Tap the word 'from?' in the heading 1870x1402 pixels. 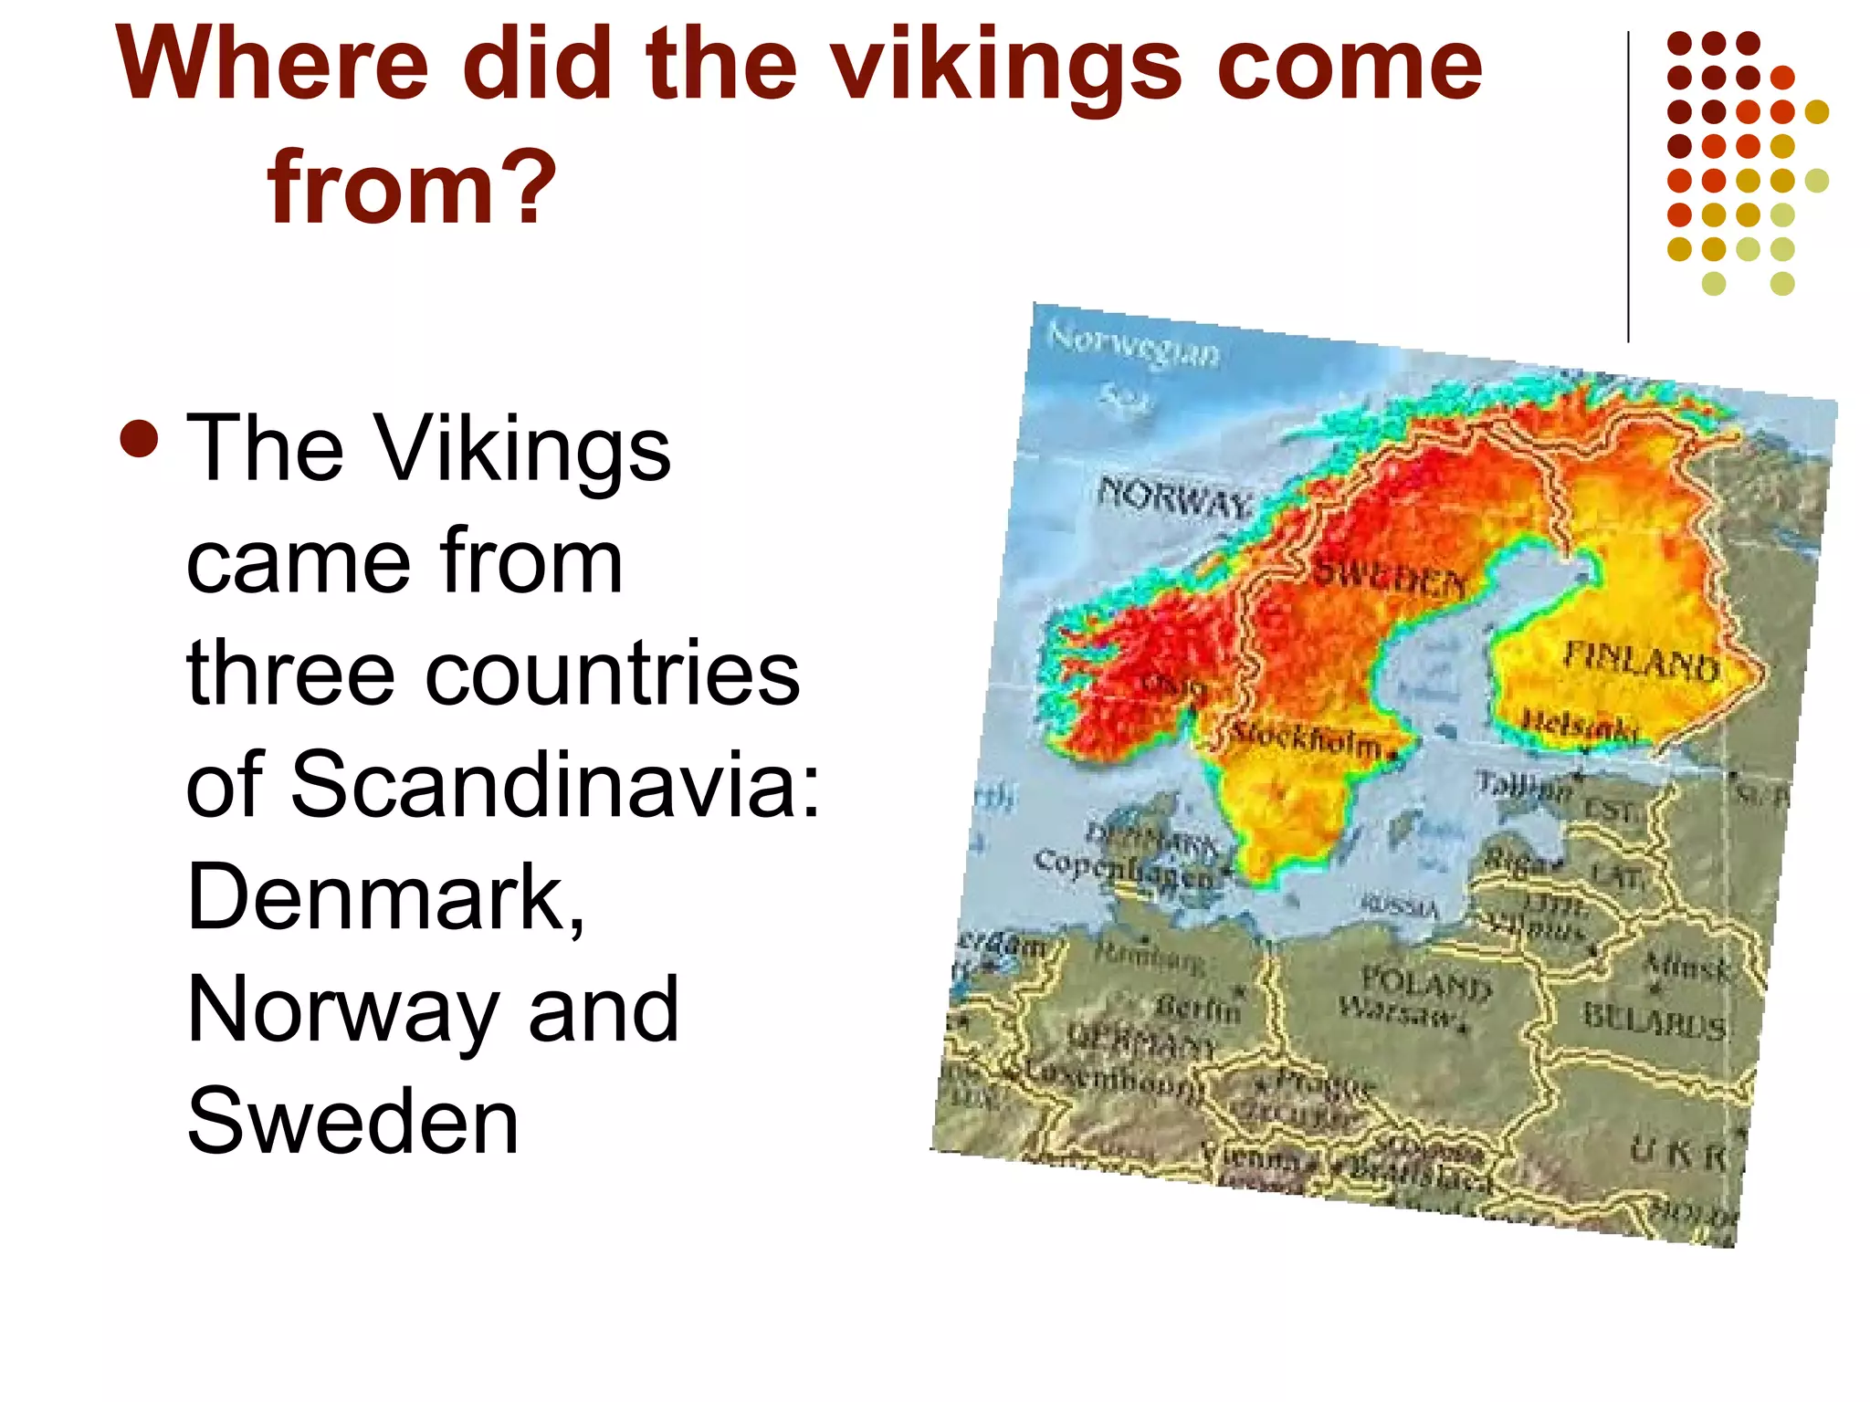coord(411,187)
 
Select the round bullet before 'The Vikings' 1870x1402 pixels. coord(139,438)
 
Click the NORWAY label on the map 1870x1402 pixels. coord(1172,499)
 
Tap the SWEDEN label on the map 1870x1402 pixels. coord(1389,576)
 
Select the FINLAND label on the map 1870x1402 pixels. coord(1641,662)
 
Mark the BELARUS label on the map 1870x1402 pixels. coord(1654,1020)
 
